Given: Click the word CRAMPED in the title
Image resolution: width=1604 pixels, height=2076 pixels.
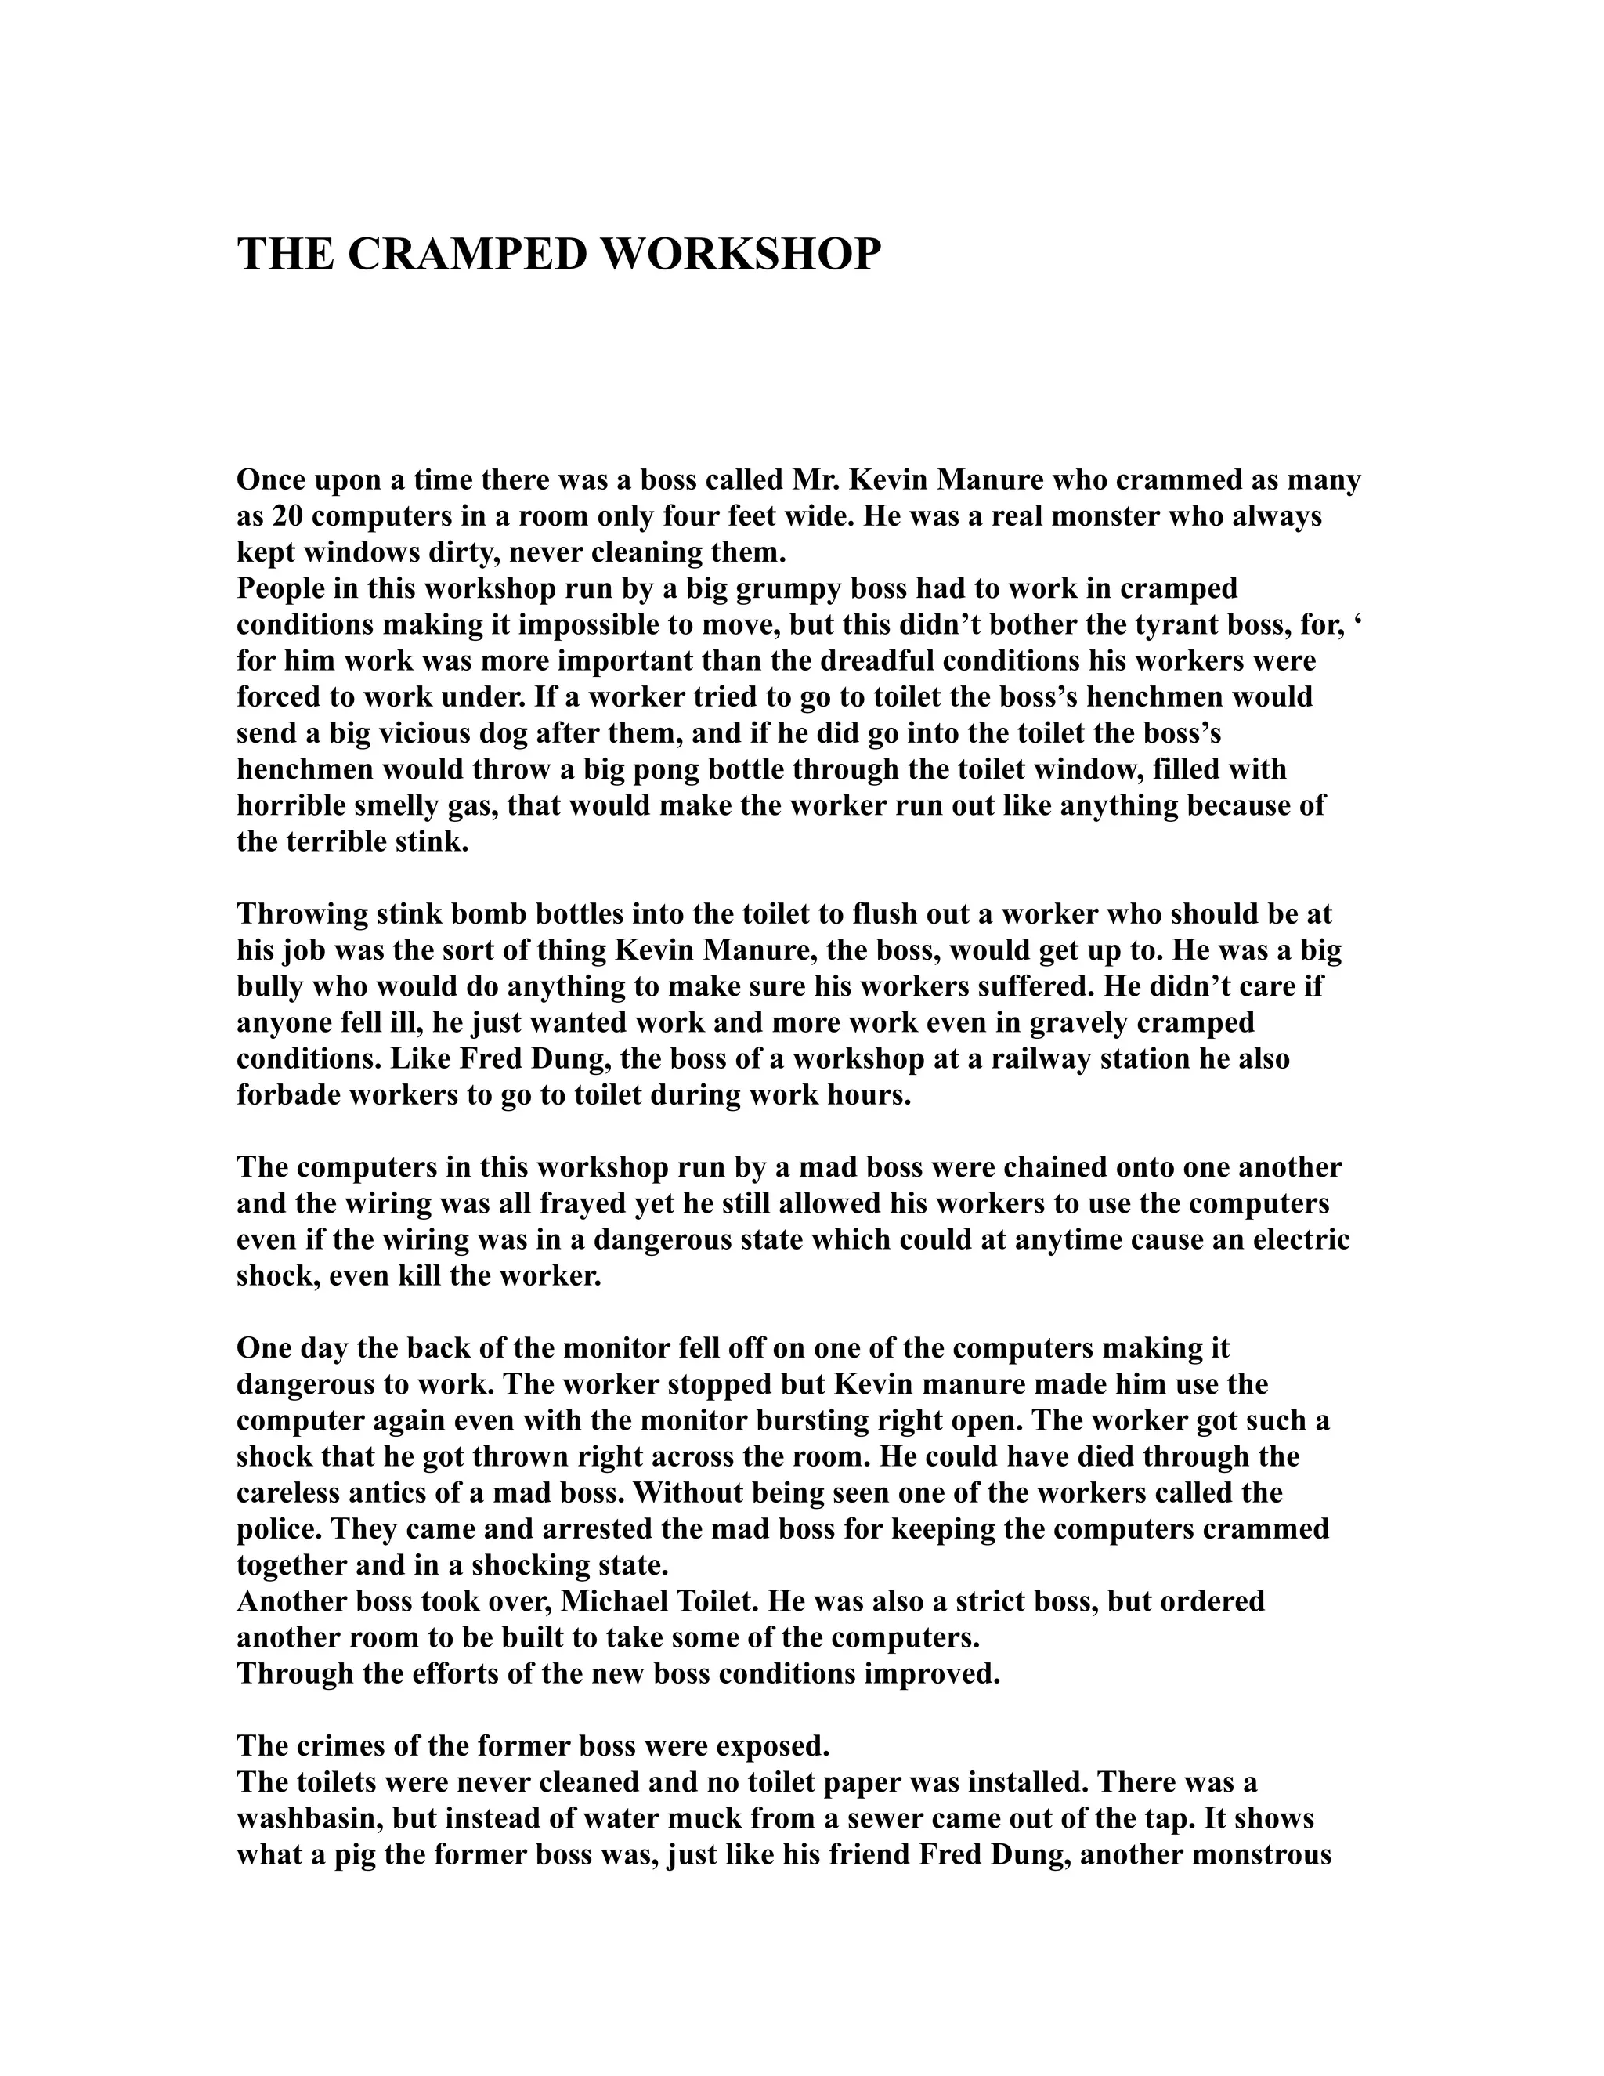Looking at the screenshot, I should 469,255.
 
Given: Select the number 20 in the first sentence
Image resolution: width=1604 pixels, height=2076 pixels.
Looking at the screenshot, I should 287,517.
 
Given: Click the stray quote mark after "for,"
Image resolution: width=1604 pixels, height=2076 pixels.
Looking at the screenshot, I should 1355,624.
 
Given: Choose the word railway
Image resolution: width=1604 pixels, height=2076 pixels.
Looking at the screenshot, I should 1041,1059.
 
